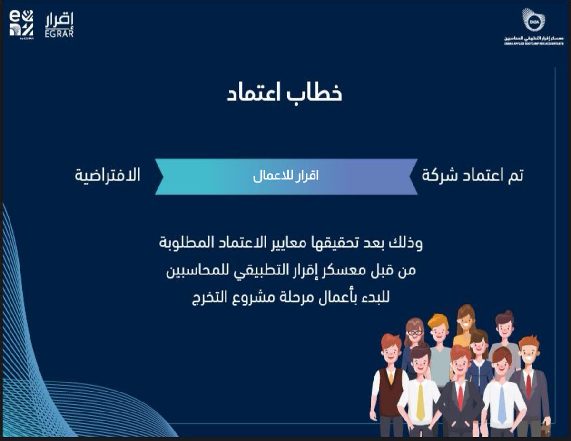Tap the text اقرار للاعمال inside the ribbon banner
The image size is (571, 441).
pos(285,176)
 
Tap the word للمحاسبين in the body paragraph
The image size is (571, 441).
pos(194,271)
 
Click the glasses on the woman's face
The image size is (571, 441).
pos(414,333)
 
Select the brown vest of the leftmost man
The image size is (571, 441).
pos(390,390)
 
